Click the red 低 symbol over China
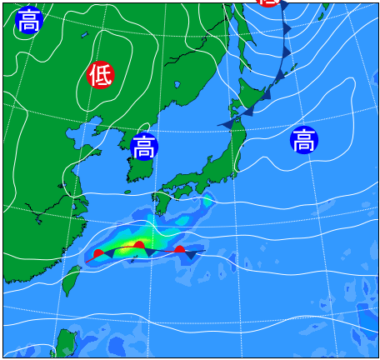pyautogui.click(x=100, y=75)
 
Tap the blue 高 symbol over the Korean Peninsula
pyautogui.click(x=144, y=147)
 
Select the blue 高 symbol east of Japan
pyautogui.click(x=304, y=140)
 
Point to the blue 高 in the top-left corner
pyautogui.click(x=28, y=20)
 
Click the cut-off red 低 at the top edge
pyautogui.click(x=268, y=2)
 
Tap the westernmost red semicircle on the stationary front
pyautogui.click(x=98, y=253)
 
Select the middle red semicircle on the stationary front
pyautogui.click(x=139, y=246)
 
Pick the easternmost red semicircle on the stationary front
pyautogui.click(x=179, y=249)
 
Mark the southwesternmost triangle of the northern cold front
pyautogui.click(x=230, y=122)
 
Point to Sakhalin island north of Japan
pyautogui.click(x=242, y=33)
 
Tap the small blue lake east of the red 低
pyautogui.click(x=177, y=84)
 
